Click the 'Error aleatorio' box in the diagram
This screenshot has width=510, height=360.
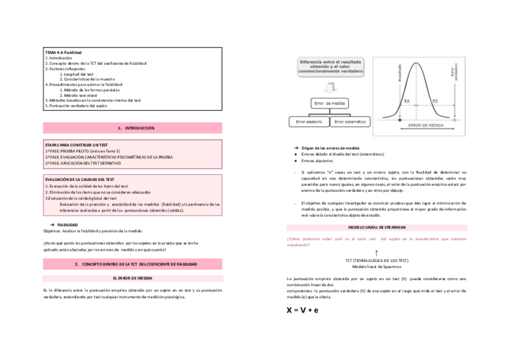(309, 122)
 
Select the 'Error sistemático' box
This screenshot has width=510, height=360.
(351, 122)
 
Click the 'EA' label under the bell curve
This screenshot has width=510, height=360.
(407, 101)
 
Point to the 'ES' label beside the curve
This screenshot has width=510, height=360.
(434, 101)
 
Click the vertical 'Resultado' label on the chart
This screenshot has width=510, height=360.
(399, 75)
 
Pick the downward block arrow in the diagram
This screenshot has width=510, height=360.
(330, 85)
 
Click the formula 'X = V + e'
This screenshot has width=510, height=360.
(302, 310)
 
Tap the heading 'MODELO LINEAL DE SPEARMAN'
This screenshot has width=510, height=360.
(377, 228)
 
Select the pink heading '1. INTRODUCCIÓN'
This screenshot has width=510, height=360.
(132, 128)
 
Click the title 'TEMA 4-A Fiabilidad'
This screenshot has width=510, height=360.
(63, 53)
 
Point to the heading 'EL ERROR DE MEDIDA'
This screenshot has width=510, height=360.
(132, 278)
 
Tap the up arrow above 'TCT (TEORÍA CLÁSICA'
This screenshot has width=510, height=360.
(376, 253)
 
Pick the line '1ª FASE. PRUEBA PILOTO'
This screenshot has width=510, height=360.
(82, 151)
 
